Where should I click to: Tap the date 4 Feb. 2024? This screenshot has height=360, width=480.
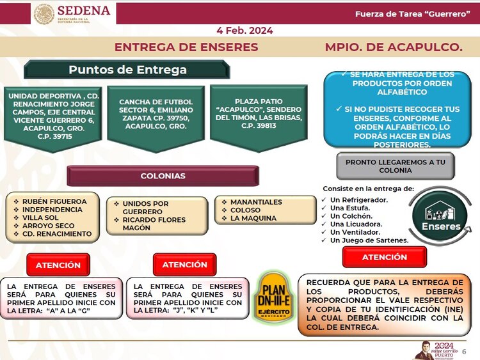pyautogui.click(x=244, y=30)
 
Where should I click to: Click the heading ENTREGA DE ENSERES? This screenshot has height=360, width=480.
pyautogui.click(x=186, y=47)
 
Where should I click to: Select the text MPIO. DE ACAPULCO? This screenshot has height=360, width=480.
pyautogui.click(x=393, y=47)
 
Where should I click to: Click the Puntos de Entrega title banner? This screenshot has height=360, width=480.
pyautogui.click(x=127, y=70)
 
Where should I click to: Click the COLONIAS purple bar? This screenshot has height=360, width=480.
pyautogui.click(x=163, y=176)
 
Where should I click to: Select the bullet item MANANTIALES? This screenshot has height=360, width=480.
pyautogui.click(x=256, y=202)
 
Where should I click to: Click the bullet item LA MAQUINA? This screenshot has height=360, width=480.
pyautogui.click(x=253, y=218)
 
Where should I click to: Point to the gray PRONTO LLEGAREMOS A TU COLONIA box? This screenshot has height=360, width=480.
pyautogui.click(x=395, y=166)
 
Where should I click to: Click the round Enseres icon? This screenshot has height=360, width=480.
pyautogui.click(x=440, y=215)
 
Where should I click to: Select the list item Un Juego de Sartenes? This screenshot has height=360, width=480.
pyautogui.click(x=369, y=240)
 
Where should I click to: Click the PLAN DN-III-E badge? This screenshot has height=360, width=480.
pyautogui.click(x=274, y=297)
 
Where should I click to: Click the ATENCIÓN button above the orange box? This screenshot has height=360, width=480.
pyautogui.click(x=384, y=257)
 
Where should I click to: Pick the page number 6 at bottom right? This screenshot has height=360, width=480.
pyautogui.click(x=464, y=351)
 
